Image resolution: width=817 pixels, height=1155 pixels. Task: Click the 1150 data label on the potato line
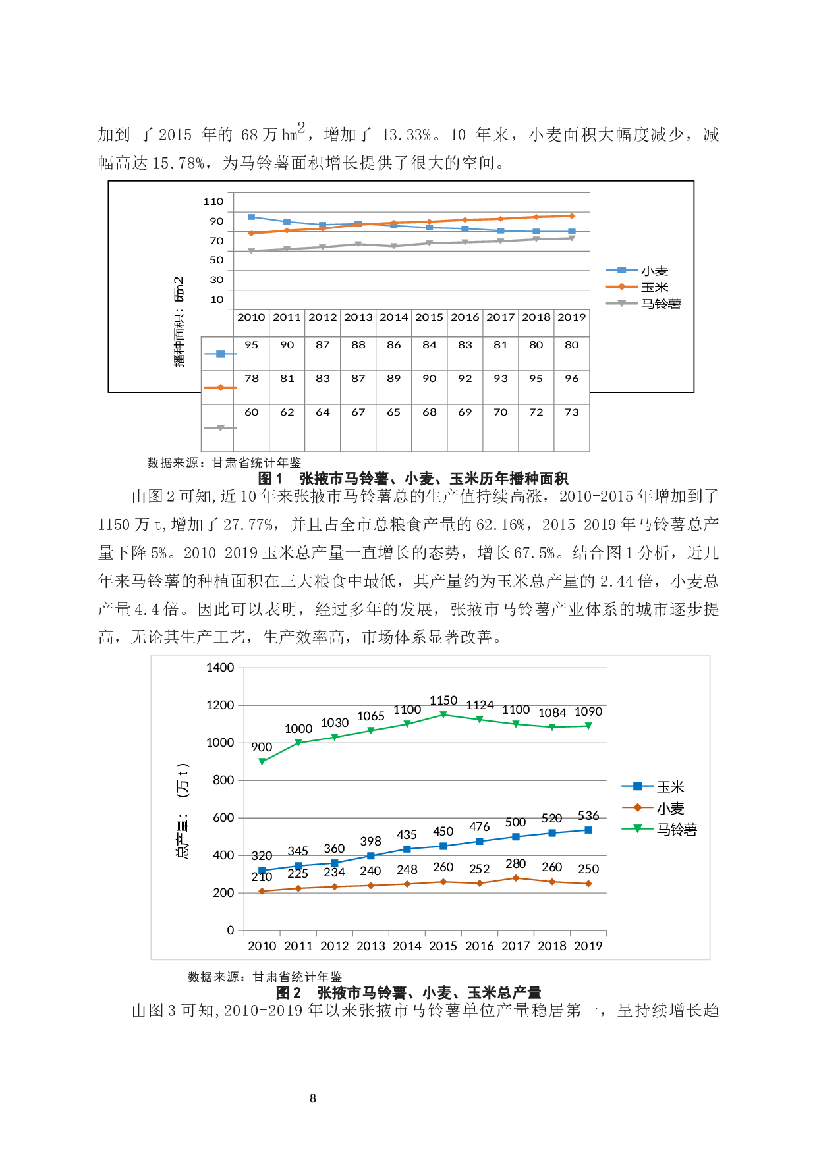click(x=443, y=701)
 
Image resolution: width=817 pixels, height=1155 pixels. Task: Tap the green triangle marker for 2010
click(x=262, y=761)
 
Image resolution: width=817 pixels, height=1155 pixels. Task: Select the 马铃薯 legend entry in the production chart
click(x=676, y=830)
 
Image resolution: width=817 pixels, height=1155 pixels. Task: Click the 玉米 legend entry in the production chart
click(x=670, y=787)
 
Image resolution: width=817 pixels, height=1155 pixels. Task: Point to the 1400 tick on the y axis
click(x=220, y=668)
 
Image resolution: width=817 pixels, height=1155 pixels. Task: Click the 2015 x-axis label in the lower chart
click(x=443, y=946)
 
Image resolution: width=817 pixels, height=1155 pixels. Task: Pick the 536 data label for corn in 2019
click(x=588, y=816)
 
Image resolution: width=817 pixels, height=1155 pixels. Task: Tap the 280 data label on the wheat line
click(x=515, y=864)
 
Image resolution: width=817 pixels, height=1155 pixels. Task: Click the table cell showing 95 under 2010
click(x=251, y=345)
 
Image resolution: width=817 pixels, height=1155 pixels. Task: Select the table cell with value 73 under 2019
click(x=571, y=412)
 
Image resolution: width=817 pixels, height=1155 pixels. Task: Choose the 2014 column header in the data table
click(x=394, y=317)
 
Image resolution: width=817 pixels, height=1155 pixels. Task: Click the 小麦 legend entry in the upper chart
click(x=654, y=271)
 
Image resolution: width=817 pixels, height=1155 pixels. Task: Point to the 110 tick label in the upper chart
click(x=213, y=201)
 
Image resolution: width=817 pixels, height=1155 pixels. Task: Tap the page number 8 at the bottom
click(x=313, y=1098)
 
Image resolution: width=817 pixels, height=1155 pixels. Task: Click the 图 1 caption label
click(x=270, y=479)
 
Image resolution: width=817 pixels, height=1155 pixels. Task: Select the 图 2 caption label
click(x=289, y=993)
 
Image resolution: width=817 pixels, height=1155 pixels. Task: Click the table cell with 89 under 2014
click(x=393, y=379)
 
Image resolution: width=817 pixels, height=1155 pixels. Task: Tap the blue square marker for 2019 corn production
click(x=588, y=830)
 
